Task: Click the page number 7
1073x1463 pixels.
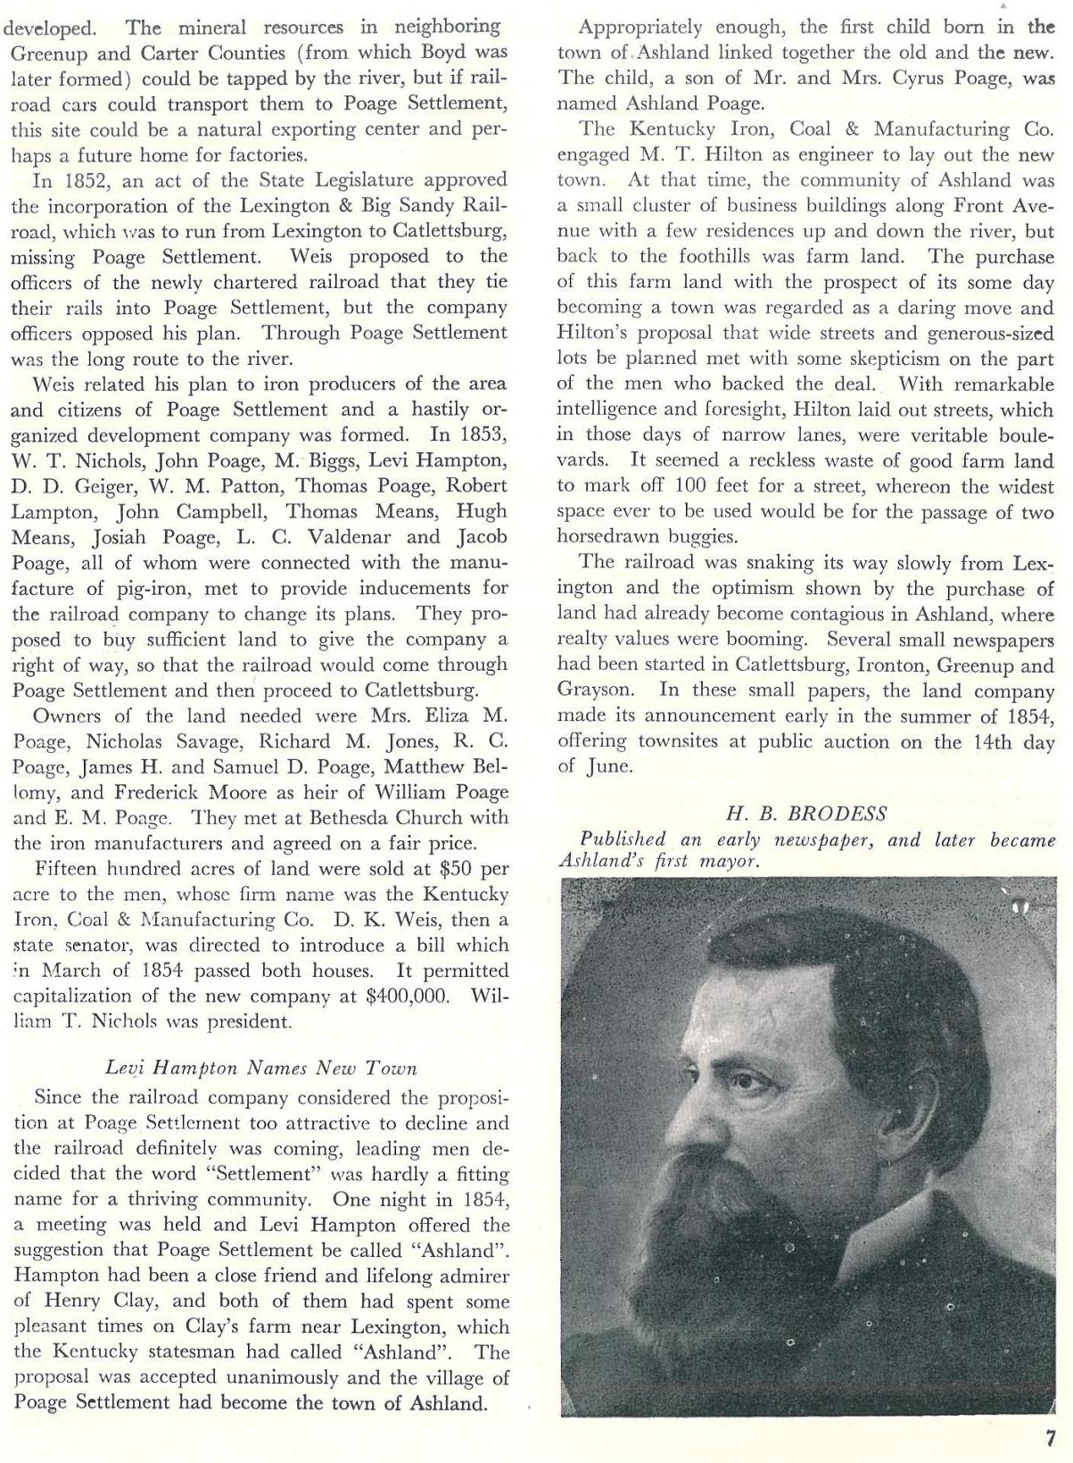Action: pyautogui.click(x=1051, y=1438)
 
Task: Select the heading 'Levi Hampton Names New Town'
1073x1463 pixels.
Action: pyautogui.click(x=260, y=1067)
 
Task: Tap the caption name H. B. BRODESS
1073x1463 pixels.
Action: pyautogui.click(x=806, y=814)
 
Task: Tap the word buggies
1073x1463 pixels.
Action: pyautogui.click(x=717, y=537)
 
